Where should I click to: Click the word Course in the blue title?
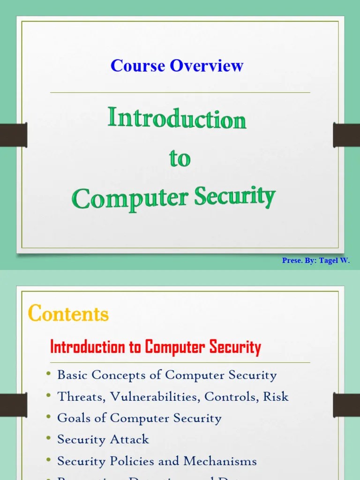point(138,66)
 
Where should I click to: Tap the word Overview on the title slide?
point(207,66)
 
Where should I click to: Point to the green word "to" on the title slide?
point(180,158)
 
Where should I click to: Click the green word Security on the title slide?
point(234,197)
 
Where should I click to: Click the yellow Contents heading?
point(68,313)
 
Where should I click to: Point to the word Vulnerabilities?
point(155,397)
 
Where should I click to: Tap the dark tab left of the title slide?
point(13,135)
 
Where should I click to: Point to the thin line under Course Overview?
point(180,93)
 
